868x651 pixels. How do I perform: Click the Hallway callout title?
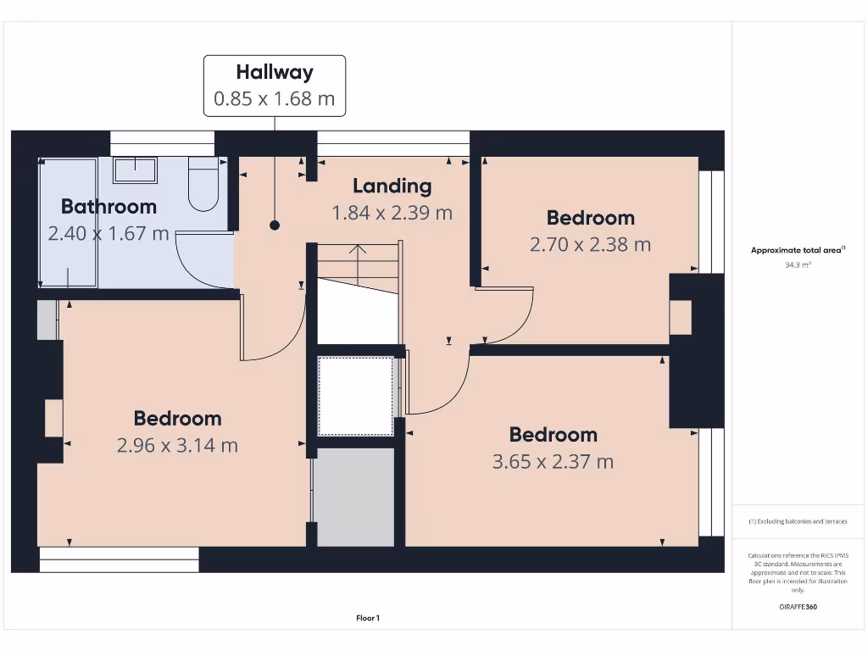274,72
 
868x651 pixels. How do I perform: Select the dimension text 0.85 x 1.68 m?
274,98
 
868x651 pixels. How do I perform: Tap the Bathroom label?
108,206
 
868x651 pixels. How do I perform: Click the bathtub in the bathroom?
69,222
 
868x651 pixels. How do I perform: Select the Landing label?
392,186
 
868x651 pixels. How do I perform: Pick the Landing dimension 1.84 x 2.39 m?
392,213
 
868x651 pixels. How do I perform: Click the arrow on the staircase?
358,252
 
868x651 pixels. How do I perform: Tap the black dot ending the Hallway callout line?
275,225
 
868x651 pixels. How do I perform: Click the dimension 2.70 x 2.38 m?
590,245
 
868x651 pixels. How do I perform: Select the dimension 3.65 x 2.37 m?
553,462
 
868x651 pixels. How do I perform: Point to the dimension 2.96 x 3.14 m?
177,445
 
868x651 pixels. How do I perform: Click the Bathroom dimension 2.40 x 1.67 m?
108,233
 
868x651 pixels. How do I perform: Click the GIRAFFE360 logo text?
797,607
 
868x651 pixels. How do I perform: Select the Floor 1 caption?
368,619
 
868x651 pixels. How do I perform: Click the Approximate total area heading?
797,250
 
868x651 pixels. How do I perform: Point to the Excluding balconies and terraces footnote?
797,521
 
